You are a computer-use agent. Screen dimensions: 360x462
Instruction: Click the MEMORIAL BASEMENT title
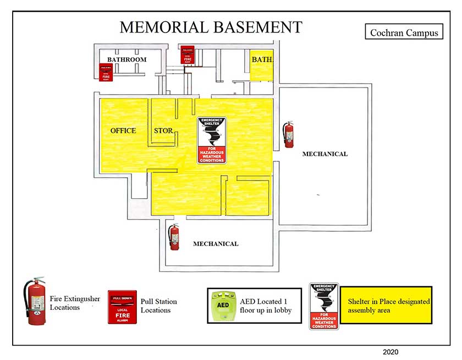click(211, 27)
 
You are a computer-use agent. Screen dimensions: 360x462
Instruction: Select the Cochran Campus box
click(404, 32)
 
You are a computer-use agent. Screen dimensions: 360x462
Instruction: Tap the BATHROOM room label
click(127, 59)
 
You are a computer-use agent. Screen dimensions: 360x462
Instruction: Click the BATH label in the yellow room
click(262, 59)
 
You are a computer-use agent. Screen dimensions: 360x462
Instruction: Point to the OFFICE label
click(123, 131)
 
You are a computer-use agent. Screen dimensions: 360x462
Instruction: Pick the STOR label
click(163, 131)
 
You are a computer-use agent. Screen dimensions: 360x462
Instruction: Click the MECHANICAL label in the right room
click(324, 154)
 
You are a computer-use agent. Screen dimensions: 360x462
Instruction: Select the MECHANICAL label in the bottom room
click(216, 244)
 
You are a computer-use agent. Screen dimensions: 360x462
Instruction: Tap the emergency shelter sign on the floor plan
click(212, 140)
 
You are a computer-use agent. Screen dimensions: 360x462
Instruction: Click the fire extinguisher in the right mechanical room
click(288, 135)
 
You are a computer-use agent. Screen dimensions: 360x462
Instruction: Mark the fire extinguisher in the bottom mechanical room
click(174, 237)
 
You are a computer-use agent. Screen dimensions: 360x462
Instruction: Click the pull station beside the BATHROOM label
click(106, 73)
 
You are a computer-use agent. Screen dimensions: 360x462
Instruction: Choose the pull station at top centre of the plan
click(188, 55)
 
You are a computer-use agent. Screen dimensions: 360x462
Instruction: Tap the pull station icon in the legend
click(122, 307)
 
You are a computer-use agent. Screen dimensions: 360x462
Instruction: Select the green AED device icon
click(223, 306)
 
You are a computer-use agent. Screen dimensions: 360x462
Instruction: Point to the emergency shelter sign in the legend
click(324, 306)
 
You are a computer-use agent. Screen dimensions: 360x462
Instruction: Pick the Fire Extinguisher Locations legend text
click(75, 303)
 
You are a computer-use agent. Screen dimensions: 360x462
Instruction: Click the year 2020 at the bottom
click(390, 352)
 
